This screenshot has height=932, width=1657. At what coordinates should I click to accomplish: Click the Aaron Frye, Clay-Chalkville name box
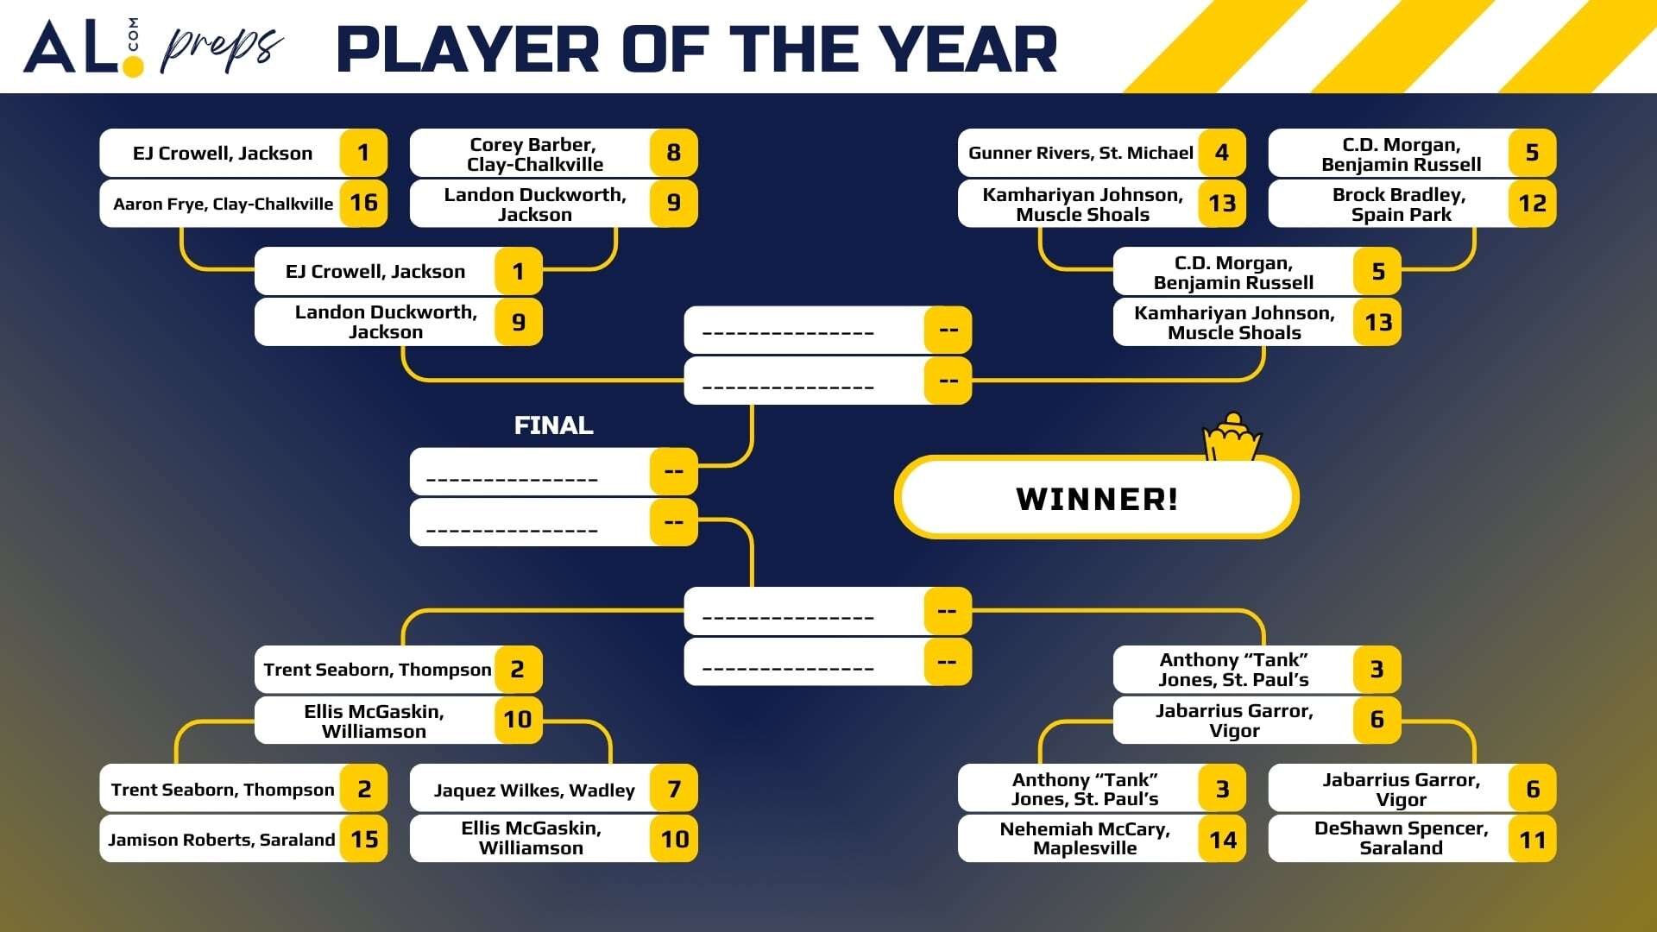223,204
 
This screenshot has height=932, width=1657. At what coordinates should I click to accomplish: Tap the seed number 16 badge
363,203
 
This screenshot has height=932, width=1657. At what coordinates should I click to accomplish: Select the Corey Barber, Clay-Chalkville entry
532,154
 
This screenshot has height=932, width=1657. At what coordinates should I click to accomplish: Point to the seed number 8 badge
673,153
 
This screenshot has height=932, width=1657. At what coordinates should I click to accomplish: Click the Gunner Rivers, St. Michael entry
1081,153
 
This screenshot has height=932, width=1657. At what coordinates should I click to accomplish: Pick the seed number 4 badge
1222,153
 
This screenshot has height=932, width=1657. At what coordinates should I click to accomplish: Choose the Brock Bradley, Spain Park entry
1400,205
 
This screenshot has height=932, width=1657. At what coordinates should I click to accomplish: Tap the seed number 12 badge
1532,204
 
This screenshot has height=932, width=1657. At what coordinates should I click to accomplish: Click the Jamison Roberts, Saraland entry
222,840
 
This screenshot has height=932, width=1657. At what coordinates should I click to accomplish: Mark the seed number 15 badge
364,840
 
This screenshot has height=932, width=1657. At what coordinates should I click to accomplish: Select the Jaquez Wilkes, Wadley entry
533,790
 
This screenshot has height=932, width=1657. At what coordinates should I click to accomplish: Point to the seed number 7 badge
674,789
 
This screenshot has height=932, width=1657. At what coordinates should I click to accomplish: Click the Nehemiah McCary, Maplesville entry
1084,839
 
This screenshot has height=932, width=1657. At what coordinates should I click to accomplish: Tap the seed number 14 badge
1222,840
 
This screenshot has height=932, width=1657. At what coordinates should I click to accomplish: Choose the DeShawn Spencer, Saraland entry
1400,839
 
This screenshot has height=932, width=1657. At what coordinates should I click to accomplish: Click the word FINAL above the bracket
553,425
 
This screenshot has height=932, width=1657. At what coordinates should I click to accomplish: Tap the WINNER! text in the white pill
1097,499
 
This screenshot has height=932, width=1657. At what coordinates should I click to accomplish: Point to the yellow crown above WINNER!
1232,437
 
